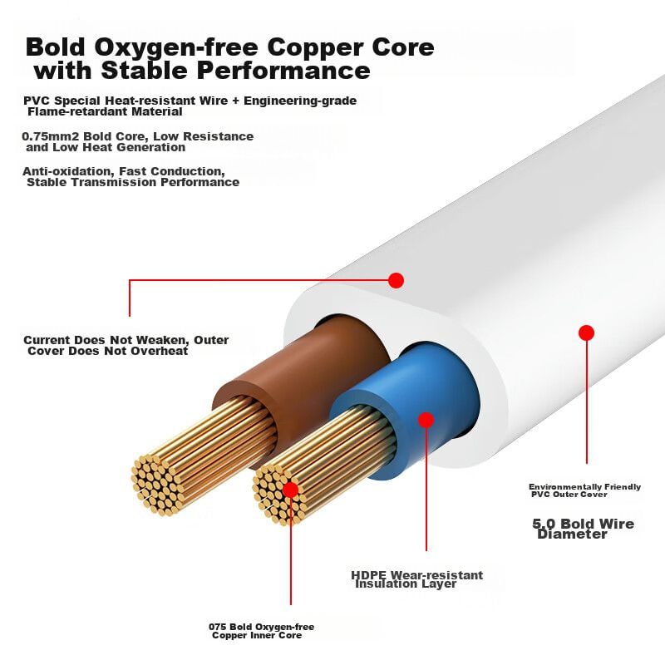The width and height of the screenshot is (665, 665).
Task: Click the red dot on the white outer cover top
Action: tap(396, 280)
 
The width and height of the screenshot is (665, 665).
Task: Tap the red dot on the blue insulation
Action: tap(426, 420)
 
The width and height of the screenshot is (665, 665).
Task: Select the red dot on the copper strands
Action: tap(290, 490)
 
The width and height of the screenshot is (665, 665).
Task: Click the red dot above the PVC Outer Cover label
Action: tap(586, 332)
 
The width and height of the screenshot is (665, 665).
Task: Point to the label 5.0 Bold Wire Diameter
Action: tap(582, 529)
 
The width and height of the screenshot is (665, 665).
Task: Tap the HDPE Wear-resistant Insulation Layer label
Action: tap(416, 579)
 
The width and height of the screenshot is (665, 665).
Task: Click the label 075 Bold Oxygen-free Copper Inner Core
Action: tap(261, 631)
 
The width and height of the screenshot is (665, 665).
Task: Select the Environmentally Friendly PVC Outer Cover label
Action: tap(584, 490)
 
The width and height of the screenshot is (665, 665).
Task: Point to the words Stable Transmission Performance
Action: tap(133, 182)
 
